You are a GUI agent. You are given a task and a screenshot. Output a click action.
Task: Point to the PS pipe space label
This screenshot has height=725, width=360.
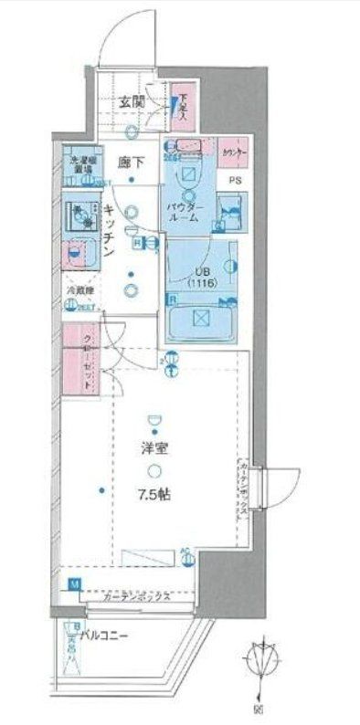[x=235, y=180]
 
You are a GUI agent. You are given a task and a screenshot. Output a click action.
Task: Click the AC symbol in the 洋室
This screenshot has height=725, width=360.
[x=185, y=552]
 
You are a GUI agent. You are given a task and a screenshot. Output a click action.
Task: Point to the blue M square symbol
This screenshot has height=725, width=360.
[x=74, y=583]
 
